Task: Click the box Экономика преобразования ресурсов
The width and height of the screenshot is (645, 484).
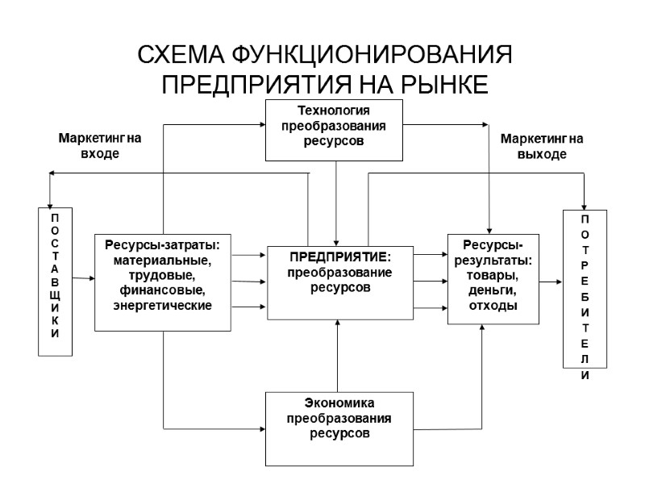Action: tap(339, 428)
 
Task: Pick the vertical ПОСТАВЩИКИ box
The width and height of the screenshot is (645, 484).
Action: tap(56, 282)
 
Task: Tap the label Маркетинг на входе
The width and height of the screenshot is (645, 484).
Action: tap(100, 146)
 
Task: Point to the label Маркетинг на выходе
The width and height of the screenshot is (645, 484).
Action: tap(542, 146)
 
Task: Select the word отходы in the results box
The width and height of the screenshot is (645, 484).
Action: tap(492, 306)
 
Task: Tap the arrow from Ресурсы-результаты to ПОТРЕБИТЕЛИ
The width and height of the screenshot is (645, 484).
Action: tap(550, 282)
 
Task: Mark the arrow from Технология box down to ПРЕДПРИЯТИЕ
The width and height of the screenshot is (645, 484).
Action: tap(336, 202)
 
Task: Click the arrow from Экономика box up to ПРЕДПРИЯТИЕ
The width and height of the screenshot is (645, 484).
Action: tap(339, 355)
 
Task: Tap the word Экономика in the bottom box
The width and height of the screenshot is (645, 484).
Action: tap(339, 403)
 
